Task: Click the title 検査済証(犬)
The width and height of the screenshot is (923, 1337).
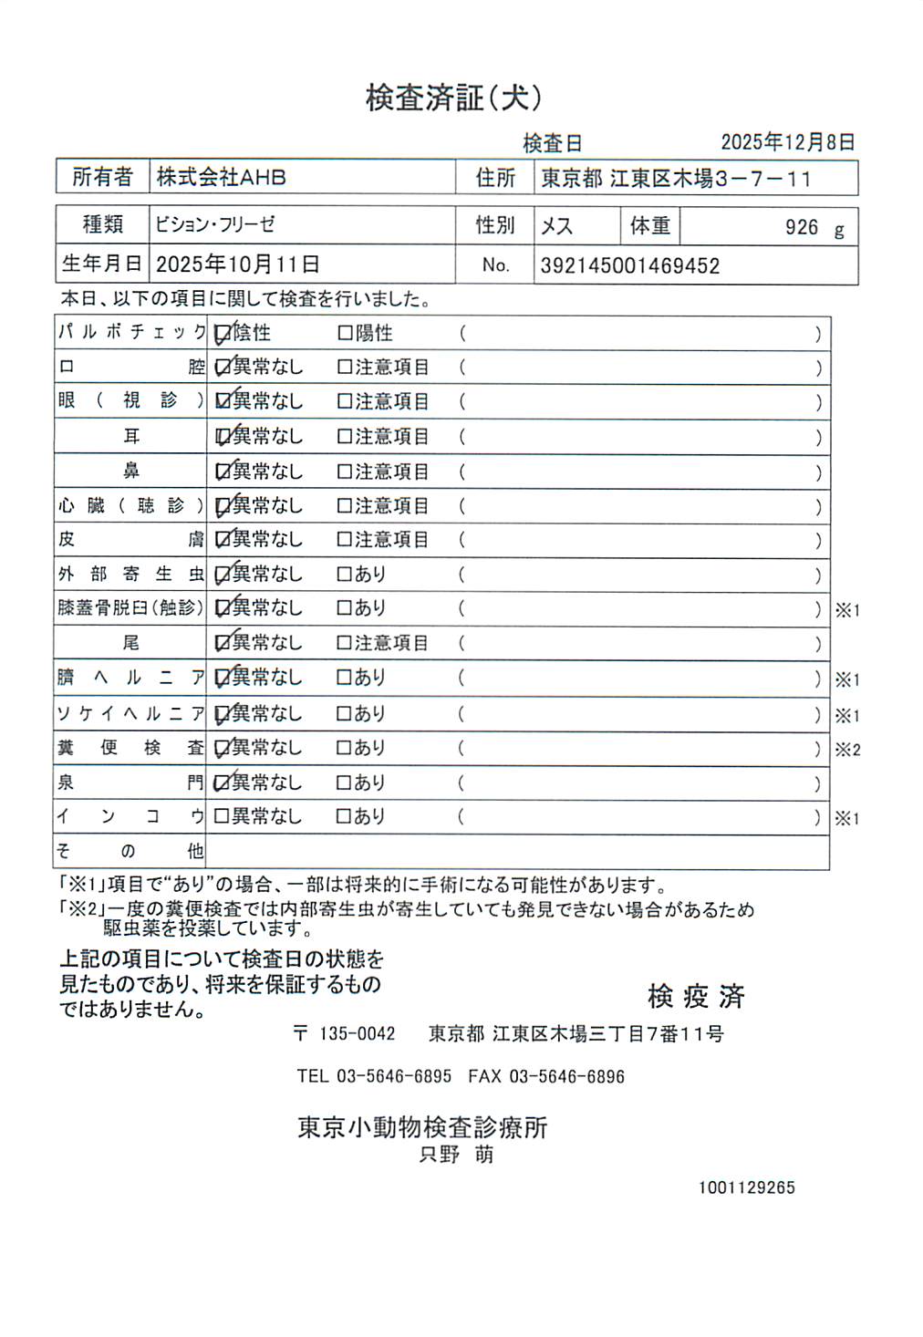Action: (454, 98)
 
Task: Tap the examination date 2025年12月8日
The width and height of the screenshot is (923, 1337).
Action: (787, 142)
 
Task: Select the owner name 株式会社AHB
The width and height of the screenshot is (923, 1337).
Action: (222, 177)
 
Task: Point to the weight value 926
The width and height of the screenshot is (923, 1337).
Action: (802, 227)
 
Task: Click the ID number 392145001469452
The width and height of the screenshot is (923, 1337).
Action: (630, 266)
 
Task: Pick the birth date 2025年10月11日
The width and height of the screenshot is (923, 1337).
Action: (238, 264)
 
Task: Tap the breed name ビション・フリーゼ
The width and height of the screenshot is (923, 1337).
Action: (214, 224)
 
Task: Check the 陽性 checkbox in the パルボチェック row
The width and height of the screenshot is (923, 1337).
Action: (345, 334)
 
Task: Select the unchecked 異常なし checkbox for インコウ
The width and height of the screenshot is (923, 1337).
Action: (221, 816)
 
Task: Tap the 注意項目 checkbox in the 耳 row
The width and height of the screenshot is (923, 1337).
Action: (345, 437)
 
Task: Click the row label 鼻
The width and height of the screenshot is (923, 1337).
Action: (131, 472)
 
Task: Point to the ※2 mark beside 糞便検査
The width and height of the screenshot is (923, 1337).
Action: (847, 750)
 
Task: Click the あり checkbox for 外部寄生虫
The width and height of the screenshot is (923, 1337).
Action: (345, 575)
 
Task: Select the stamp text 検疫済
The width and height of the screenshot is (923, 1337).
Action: (696, 996)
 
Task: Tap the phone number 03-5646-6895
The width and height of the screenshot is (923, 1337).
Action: (394, 1076)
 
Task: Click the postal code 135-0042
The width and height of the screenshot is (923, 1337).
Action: (357, 1033)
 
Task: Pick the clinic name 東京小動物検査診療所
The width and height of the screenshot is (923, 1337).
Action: (422, 1127)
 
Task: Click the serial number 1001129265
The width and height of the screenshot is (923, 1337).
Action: (747, 1187)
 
